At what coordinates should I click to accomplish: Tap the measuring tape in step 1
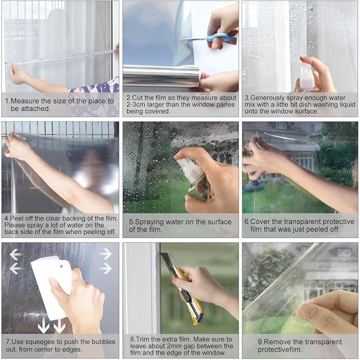[64, 57]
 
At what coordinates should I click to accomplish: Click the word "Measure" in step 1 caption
[26, 101]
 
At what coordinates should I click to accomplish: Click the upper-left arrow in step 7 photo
[16, 254]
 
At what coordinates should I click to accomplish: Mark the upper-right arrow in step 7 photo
[106, 254]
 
